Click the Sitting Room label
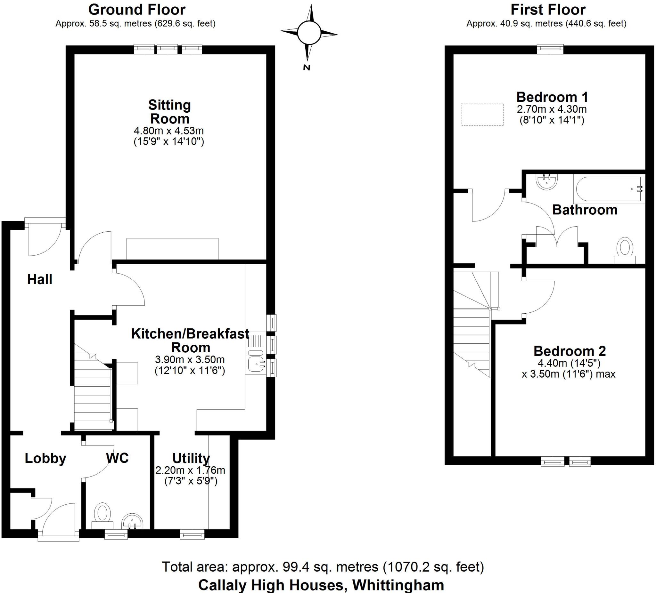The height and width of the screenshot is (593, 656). [169, 112]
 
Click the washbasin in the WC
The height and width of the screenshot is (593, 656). [132, 522]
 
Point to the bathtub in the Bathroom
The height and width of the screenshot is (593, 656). [608, 189]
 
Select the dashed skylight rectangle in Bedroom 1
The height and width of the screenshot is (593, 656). [482, 114]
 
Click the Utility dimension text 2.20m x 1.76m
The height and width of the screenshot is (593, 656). [190, 470]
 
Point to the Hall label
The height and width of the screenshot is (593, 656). [40, 280]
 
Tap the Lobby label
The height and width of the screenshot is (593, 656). [45, 458]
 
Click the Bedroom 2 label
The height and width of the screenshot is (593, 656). [570, 351]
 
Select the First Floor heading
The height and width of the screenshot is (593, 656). [548, 10]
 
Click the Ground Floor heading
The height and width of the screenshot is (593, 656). [137, 10]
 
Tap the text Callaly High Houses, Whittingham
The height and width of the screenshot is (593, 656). [321, 585]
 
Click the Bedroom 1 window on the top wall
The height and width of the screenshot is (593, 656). [550, 49]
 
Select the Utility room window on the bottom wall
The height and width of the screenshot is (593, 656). [192, 534]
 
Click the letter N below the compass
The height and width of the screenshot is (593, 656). [307, 68]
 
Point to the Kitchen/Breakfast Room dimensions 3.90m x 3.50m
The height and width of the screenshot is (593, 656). [190, 360]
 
